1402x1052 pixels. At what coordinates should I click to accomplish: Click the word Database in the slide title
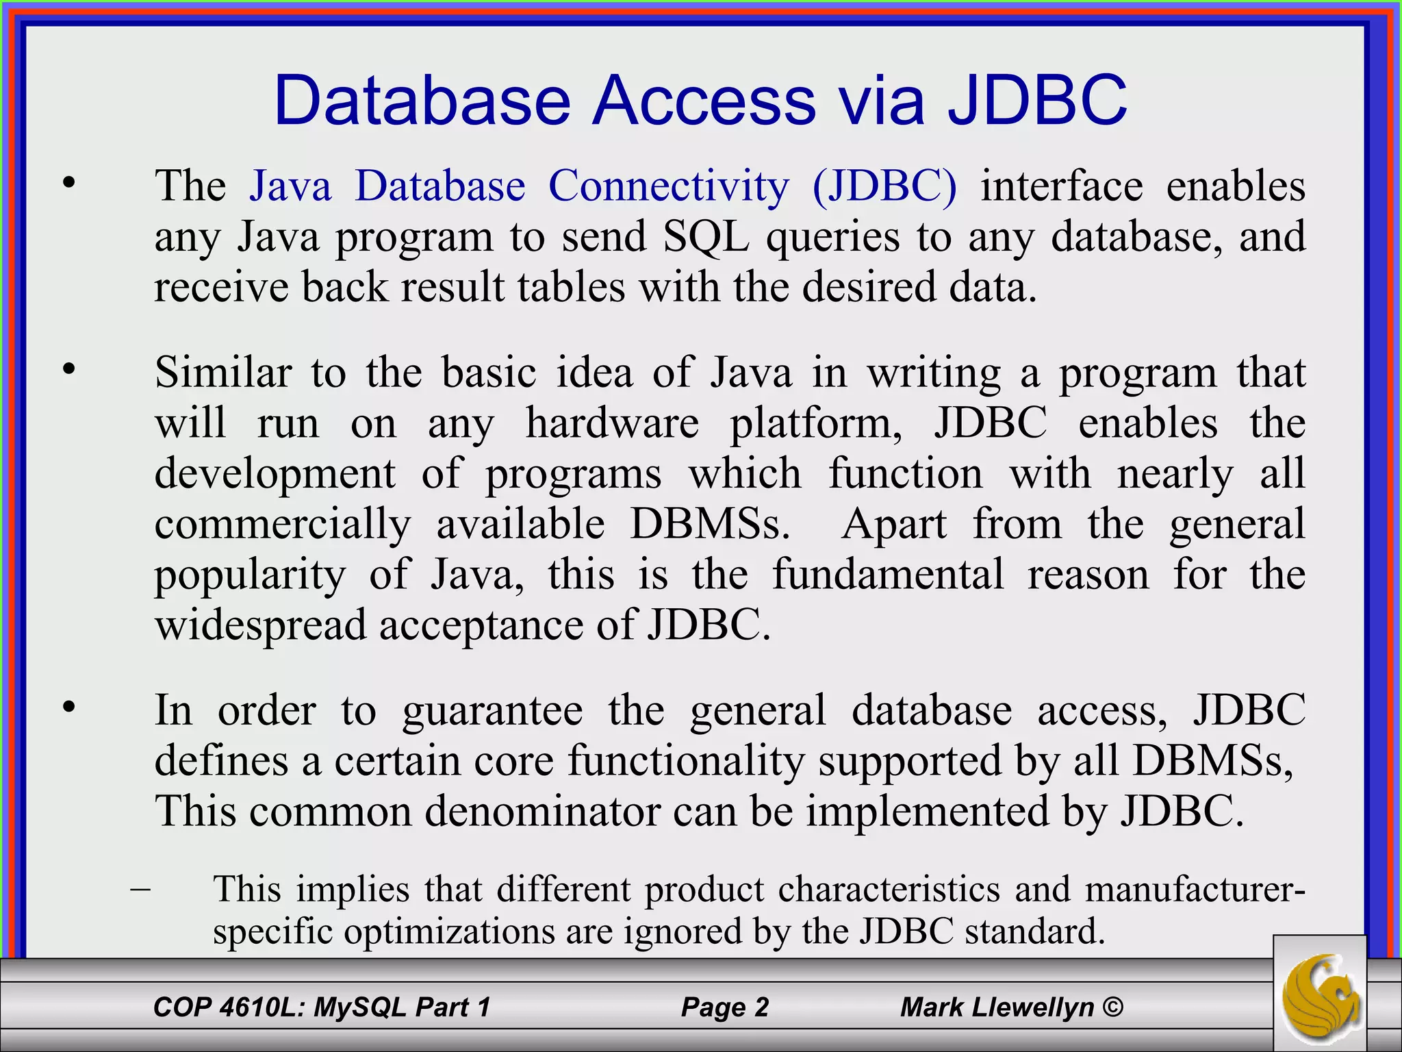pyautogui.click(x=422, y=101)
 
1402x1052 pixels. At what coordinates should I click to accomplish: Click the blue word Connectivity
pyautogui.click(x=668, y=186)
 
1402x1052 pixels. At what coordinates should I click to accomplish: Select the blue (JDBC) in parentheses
pyautogui.click(x=884, y=186)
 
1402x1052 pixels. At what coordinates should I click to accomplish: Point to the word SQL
pyautogui.click(x=705, y=237)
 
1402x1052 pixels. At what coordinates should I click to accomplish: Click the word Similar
pyautogui.click(x=223, y=373)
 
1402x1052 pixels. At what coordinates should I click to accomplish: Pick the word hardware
pyautogui.click(x=612, y=423)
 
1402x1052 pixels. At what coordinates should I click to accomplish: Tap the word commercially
pyautogui.click(x=283, y=525)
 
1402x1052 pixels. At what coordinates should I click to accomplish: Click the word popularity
pyautogui.click(x=250, y=575)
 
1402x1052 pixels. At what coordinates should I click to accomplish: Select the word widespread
pyautogui.click(x=260, y=625)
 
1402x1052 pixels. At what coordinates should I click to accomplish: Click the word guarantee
pyautogui.click(x=492, y=710)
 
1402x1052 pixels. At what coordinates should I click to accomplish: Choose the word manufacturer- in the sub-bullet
pyautogui.click(x=1194, y=889)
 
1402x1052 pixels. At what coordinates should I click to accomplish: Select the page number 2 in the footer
pyautogui.click(x=761, y=1007)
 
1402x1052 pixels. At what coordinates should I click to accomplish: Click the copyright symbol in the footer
pyautogui.click(x=1113, y=1007)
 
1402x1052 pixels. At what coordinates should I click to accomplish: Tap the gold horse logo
pyautogui.click(x=1320, y=992)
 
